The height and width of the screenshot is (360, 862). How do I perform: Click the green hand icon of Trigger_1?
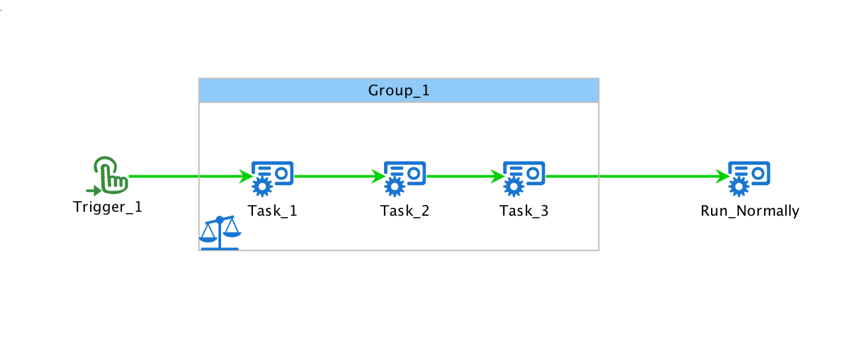coord(110,174)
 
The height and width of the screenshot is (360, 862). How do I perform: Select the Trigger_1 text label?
coord(108,207)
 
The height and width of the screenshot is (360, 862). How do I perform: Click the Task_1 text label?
coord(273,211)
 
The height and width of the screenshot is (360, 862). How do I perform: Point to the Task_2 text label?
coord(405,211)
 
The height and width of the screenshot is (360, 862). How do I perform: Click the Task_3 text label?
coord(524,211)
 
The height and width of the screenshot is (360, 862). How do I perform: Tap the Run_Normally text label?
coord(750,211)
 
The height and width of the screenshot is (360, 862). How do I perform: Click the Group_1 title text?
coord(399,91)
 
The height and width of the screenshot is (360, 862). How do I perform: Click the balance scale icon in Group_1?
coord(220,232)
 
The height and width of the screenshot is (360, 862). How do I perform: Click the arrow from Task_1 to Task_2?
coord(334,177)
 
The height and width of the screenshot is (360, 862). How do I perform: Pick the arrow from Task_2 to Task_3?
coord(460,177)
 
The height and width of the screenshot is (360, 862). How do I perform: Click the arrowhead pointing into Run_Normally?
coord(722,177)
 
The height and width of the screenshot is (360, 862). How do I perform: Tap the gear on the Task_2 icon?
coord(395,187)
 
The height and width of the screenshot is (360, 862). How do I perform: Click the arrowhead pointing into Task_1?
coord(246,177)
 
